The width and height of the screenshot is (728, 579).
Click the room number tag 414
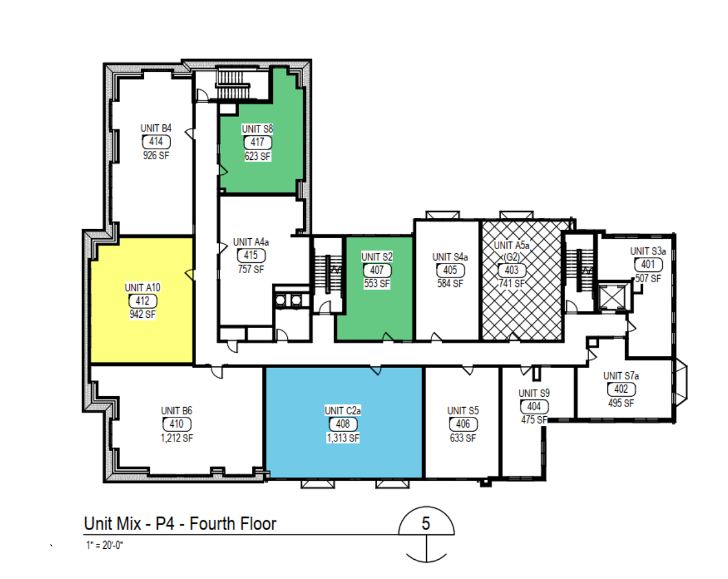[x=156, y=142]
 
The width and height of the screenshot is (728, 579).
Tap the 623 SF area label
[x=258, y=156]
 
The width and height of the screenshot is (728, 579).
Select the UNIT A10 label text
[x=142, y=288]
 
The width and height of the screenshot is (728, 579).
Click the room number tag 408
[x=343, y=424]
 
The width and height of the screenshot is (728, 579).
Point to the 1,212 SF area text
[x=177, y=438]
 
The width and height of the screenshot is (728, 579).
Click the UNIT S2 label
[x=377, y=257]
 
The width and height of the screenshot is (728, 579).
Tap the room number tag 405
[x=450, y=270]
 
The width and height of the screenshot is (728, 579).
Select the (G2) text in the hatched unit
[x=511, y=258]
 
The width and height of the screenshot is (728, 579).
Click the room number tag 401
[x=648, y=264]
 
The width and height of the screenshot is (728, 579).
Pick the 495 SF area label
[x=621, y=403]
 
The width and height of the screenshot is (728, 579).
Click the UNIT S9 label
[x=534, y=393]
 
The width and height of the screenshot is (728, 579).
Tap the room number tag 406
[x=463, y=424]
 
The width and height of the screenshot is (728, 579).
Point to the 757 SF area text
[x=251, y=270]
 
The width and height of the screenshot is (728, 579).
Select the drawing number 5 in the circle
[x=426, y=524]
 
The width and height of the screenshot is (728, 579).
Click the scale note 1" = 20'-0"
[x=104, y=545]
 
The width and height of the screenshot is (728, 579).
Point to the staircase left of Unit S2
[x=328, y=274]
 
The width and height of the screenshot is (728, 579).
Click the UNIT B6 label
[x=176, y=411]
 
